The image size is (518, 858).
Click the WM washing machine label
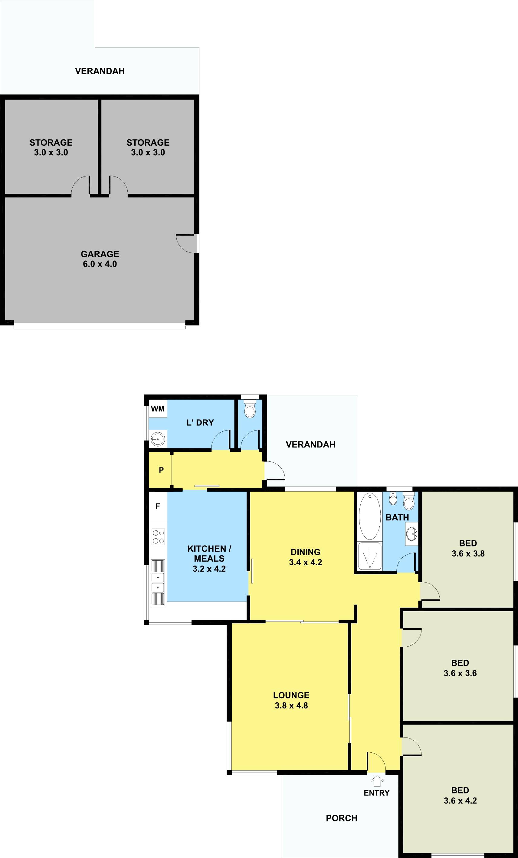point(158,409)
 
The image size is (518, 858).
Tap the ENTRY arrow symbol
point(377,782)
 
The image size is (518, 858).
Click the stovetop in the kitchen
point(158,537)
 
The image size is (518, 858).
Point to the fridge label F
point(158,506)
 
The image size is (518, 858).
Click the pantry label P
point(161,470)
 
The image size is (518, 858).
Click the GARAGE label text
point(100,254)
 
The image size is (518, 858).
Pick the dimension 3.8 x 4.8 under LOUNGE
point(291,705)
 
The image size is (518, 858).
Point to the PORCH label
point(342,818)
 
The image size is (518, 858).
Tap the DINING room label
point(305,552)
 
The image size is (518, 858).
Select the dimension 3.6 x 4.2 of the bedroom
point(460,800)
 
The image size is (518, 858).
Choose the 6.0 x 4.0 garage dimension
point(100,264)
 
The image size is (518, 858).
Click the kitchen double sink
point(158,582)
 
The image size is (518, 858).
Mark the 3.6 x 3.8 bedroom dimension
point(468,553)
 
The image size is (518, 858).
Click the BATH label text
point(397,517)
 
